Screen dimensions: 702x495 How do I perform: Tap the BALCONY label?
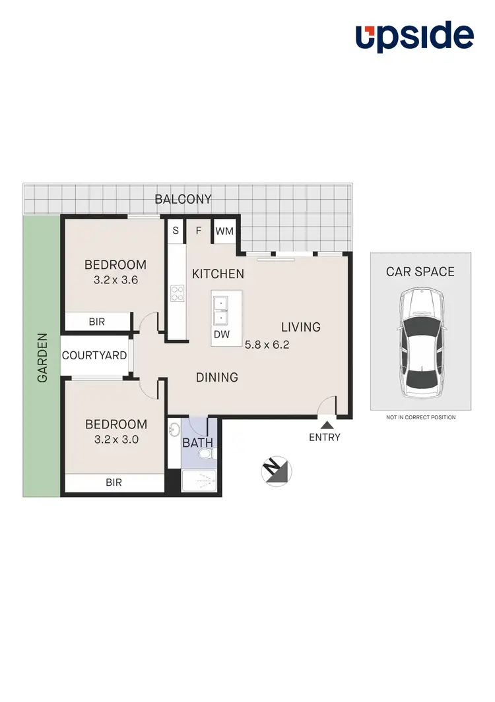pyautogui.click(x=183, y=198)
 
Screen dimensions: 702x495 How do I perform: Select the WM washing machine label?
pyautogui.click(x=224, y=231)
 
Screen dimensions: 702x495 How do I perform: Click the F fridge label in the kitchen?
pyautogui.click(x=198, y=231)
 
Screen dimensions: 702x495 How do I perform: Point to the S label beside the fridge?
pyautogui.click(x=176, y=231)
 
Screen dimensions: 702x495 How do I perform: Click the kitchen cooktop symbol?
pyautogui.click(x=176, y=293)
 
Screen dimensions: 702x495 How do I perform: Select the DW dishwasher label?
pyautogui.click(x=221, y=334)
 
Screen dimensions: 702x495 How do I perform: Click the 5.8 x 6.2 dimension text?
pyautogui.click(x=267, y=344)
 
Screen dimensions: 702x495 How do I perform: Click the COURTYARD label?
pyautogui.click(x=94, y=355)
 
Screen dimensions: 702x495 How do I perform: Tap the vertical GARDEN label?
pyautogui.click(x=42, y=357)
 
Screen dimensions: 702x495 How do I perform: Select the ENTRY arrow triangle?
pyautogui.click(x=327, y=426)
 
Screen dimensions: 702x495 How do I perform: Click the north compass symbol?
pyautogui.click(x=276, y=469)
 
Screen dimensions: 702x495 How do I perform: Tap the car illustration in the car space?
pyautogui.click(x=420, y=343)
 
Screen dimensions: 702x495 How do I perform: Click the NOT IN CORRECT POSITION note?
pyautogui.click(x=420, y=417)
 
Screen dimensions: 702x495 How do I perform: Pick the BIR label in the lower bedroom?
pyautogui.click(x=114, y=482)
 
